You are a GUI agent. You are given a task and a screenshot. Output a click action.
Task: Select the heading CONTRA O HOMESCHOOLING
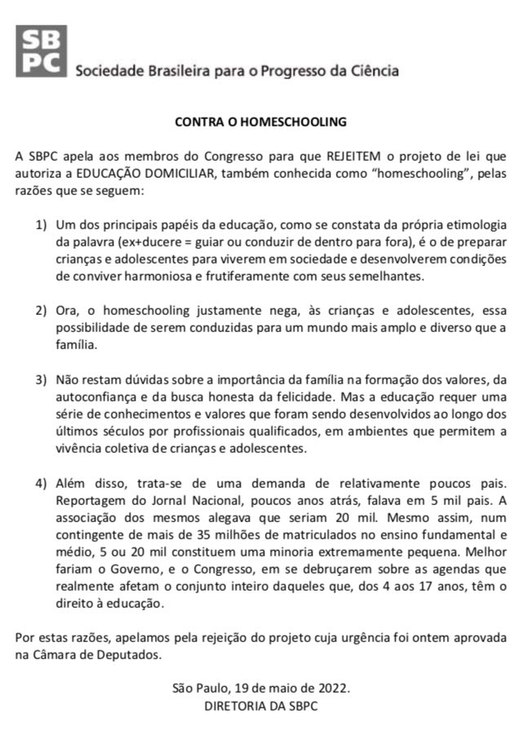tap(261, 122)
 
